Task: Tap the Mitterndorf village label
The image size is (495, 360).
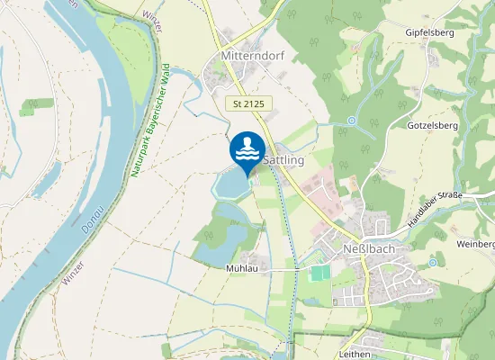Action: (251, 56)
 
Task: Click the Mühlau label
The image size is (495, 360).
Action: (243, 268)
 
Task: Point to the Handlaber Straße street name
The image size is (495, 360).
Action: (436, 210)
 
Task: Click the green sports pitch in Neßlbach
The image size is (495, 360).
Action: (319, 272)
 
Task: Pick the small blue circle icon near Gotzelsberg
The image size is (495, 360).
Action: (352, 121)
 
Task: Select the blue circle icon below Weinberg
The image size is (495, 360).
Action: (433, 263)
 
